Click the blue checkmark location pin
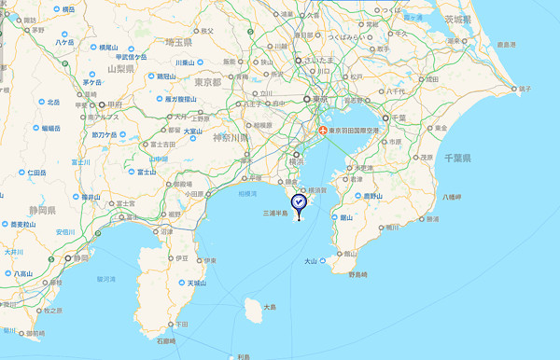click(x=298, y=202)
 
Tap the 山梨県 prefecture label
click(x=122, y=68)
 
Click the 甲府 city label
click(x=115, y=104)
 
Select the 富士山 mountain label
click(x=145, y=172)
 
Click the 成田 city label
click(x=431, y=80)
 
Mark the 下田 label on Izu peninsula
click(x=180, y=324)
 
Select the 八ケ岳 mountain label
click(x=63, y=42)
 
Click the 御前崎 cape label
click(x=35, y=333)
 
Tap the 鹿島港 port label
click(x=506, y=44)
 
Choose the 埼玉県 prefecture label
click(x=175, y=43)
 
